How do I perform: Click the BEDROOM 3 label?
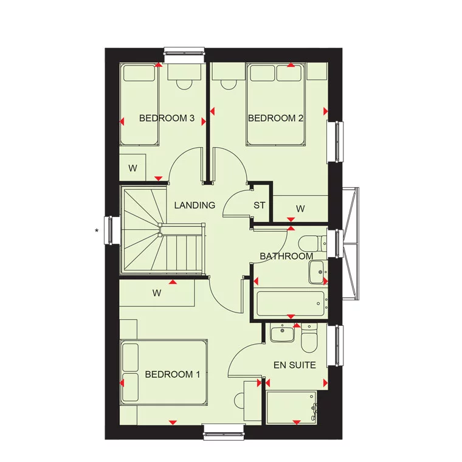click(x=167, y=118)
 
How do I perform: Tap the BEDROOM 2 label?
click(x=275, y=118)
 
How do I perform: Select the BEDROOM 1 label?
click(x=173, y=374)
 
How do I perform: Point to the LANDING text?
click(x=195, y=205)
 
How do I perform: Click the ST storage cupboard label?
click(x=260, y=205)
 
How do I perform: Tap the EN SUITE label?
click(x=295, y=365)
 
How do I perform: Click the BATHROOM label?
click(x=286, y=257)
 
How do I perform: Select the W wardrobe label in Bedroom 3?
click(x=133, y=168)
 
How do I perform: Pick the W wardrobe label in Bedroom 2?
click(x=300, y=209)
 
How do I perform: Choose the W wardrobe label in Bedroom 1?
click(x=157, y=293)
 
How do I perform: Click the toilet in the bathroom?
click(x=312, y=244)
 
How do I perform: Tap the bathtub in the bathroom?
click(x=291, y=303)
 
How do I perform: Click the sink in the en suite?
click(x=282, y=333)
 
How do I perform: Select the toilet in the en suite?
click(x=309, y=338)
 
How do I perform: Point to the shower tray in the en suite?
click(x=291, y=408)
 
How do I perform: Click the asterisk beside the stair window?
click(x=97, y=231)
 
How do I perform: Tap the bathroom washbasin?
click(x=318, y=272)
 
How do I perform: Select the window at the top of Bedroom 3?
click(x=184, y=55)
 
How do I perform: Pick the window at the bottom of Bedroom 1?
click(x=224, y=432)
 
